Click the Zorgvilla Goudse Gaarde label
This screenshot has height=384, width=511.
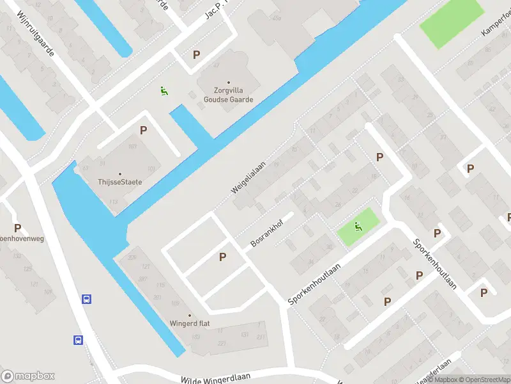[229, 95]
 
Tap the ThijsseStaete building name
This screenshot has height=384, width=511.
[120, 182]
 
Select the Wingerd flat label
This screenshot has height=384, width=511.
[190, 323]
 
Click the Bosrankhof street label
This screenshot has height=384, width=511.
[267, 235]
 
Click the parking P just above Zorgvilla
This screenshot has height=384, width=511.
[196, 55]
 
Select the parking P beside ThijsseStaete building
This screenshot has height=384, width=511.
[143, 130]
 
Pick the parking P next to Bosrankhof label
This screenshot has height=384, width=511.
[222, 257]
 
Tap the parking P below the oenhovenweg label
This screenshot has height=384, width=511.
[17, 228]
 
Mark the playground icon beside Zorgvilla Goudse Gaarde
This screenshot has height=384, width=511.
[164, 92]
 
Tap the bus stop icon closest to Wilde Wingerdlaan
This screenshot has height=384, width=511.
[78, 340]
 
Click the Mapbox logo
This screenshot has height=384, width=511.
[28, 376]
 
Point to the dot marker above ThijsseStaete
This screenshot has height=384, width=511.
[119, 173]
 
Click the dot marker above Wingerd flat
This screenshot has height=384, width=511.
[190, 314]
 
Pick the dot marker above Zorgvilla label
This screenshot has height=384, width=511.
[229, 83]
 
